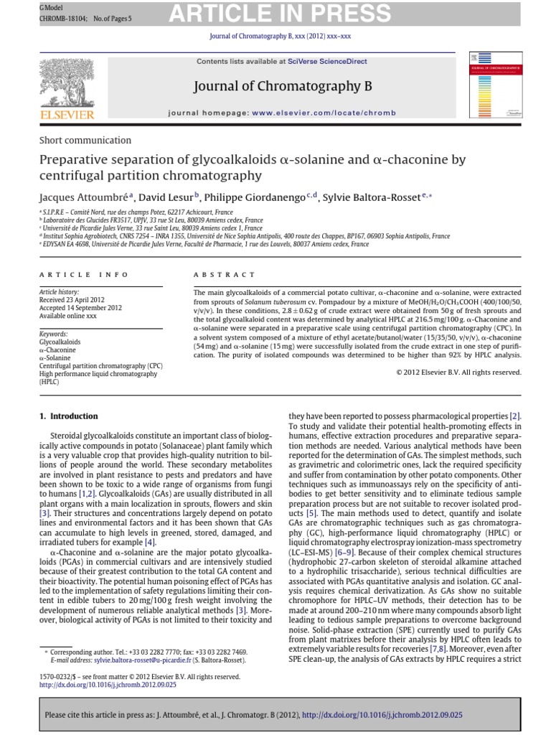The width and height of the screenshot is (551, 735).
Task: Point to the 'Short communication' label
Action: (85, 140)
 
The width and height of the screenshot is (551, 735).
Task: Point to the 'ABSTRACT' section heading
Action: (225, 275)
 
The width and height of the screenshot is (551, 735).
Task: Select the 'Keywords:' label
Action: (54, 334)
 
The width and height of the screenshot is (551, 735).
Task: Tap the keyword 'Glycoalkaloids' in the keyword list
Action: (60, 342)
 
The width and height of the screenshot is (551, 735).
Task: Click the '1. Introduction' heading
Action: (69, 416)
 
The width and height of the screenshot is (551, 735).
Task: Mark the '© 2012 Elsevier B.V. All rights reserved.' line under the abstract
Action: (458, 372)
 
